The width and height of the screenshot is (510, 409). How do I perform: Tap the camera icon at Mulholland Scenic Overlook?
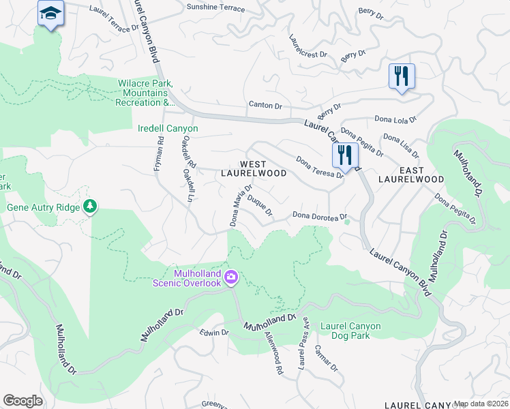point(232,276)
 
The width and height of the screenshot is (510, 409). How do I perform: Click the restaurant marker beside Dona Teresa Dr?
point(346,155)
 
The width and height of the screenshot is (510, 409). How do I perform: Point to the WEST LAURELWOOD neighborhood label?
point(254,169)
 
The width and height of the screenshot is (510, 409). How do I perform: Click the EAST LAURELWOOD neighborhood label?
point(411,175)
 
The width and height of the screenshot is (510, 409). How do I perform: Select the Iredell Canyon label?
point(167,128)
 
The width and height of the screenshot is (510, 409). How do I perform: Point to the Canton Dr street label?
point(265,106)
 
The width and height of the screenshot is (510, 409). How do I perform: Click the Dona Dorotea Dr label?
point(320,216)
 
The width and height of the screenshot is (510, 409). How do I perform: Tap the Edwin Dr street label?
point(214,333)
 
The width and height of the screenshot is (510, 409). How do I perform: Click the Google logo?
point(22,400)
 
